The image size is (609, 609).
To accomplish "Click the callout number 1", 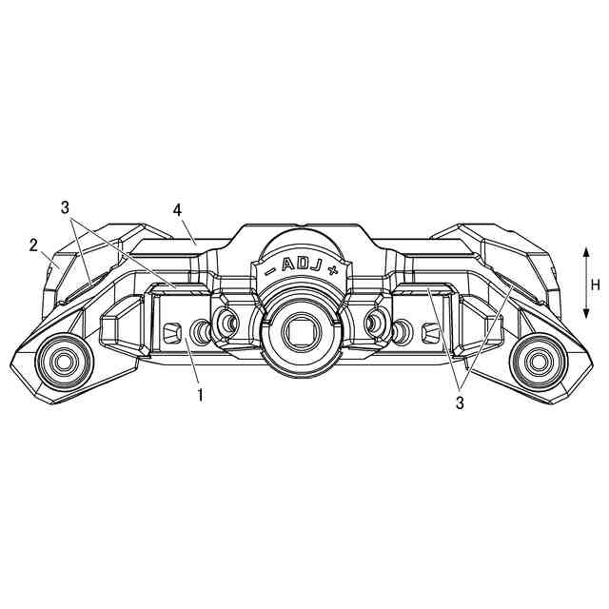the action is pos(201,395).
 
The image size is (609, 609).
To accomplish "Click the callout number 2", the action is pos(34,246).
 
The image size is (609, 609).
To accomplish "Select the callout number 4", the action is pos(178,210).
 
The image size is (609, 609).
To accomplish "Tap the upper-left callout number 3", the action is pos(65,207).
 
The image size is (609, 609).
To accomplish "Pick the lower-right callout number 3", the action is pos(460,403).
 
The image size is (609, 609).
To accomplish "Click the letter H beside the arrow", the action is pos(596,285).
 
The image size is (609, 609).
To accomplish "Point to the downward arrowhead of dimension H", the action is pos(586,313).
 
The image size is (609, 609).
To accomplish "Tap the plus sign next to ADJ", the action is pos(331,270).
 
